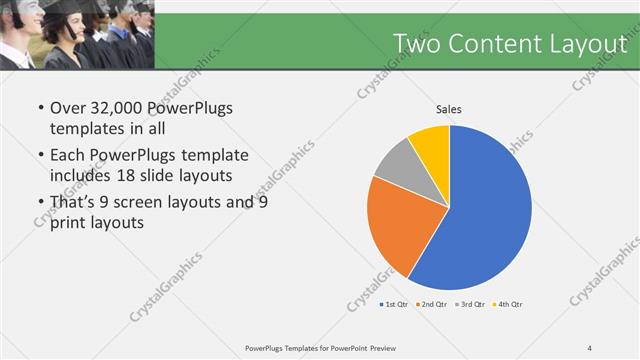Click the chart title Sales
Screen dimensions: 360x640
tap(449, 110)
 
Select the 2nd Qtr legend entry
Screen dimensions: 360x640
tap(432, 304)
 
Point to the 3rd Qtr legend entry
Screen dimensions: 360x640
tap(470, 304)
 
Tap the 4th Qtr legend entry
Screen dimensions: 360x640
tap(507, 304)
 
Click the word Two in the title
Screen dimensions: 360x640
tap(415, 44)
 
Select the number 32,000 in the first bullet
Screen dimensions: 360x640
tap(123, 107)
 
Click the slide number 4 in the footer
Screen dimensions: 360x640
tap(590, 347)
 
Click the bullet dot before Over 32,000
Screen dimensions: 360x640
tap(39, 108)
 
